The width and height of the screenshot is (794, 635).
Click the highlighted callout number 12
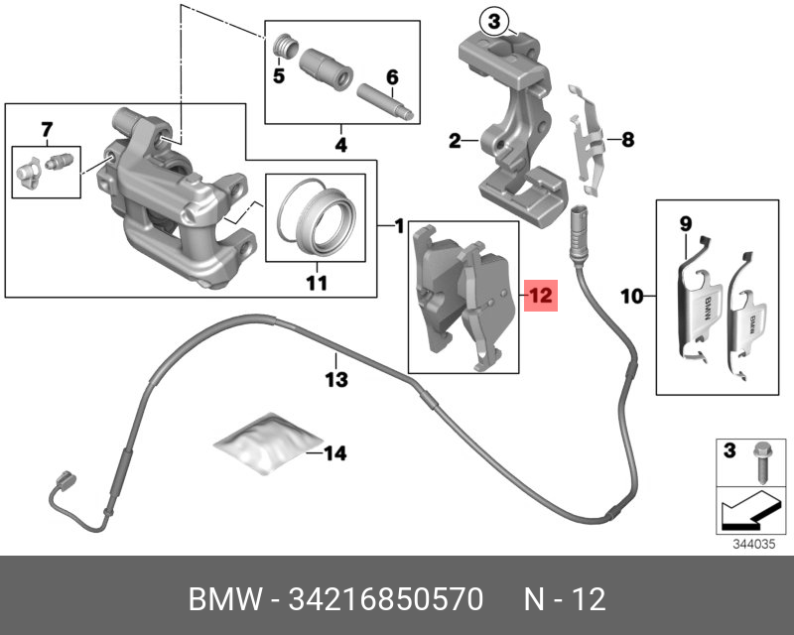click(539, 295)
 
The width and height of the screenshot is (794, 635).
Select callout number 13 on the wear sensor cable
click(336, 379)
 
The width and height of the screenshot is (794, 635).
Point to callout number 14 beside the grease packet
click(335, 454)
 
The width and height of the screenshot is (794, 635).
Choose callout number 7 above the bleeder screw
click(46, 130)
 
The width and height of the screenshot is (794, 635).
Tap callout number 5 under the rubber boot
click(279, 74)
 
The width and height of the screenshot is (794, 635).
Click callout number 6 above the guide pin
click(392, 76)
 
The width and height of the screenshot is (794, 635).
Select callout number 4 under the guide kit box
click(340, 146)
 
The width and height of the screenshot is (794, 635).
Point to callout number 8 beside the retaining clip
click(626, 140)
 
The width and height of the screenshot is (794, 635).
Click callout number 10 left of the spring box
click(632, 295)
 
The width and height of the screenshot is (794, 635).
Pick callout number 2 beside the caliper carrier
click(454, 142)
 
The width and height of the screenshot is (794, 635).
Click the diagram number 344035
click(749, 543)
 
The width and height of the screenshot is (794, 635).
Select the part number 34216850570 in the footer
click(387, 599)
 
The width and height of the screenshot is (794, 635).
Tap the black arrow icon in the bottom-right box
click(744, 509)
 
